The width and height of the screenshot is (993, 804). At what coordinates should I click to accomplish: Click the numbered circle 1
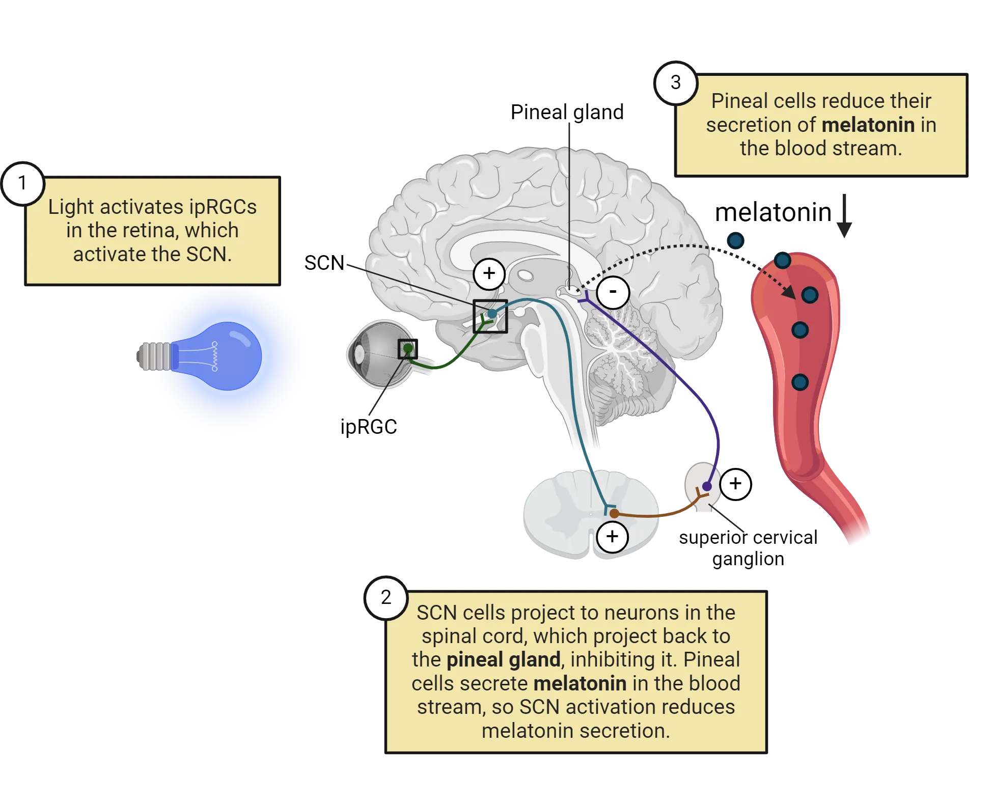(22, 183)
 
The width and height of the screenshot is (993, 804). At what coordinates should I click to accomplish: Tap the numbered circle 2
(386, 597)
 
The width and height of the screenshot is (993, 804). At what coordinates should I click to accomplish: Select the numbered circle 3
(675, 83)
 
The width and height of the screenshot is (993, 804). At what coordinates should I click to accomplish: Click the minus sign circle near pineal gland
(613, 292)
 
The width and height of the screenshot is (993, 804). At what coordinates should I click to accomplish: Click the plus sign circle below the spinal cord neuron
(612, 537)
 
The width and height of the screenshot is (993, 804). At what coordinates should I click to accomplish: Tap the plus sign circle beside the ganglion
(735, 484)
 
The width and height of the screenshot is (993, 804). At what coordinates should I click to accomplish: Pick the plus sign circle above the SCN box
(489, 273)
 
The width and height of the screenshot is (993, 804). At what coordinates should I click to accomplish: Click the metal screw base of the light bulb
(154, 356)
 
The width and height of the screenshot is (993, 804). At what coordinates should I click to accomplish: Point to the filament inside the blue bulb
(214, 356)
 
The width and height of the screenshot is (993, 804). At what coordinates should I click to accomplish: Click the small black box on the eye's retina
(407, 349)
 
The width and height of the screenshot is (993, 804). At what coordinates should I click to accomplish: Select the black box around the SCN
(490, 316)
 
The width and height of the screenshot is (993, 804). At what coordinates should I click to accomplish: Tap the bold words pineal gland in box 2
(503, 660)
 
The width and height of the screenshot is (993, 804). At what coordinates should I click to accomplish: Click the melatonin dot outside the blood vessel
(735, 240)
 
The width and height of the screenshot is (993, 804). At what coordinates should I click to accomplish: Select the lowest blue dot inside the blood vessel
(799, 382)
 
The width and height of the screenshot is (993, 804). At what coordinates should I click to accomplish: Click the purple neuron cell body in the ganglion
(707, 486)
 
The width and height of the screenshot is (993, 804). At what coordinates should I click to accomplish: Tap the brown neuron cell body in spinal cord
(615, 514)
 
